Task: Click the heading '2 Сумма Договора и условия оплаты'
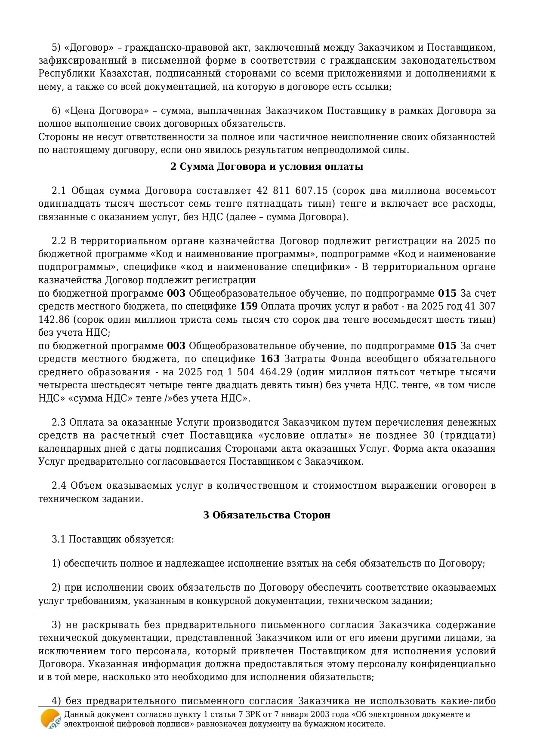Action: pyautogui.click(x=267, y=167)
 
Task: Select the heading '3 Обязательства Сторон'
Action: pyautogui.click(x=267, y=515)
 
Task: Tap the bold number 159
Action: pyautogui.click(x=249, y=307)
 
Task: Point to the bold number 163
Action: pyautogui.click(x=270, y=359)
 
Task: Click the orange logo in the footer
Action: pyautogui.click(x=50, y=719)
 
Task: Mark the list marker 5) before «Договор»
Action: pyautogui.click(x=56, y=47)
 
